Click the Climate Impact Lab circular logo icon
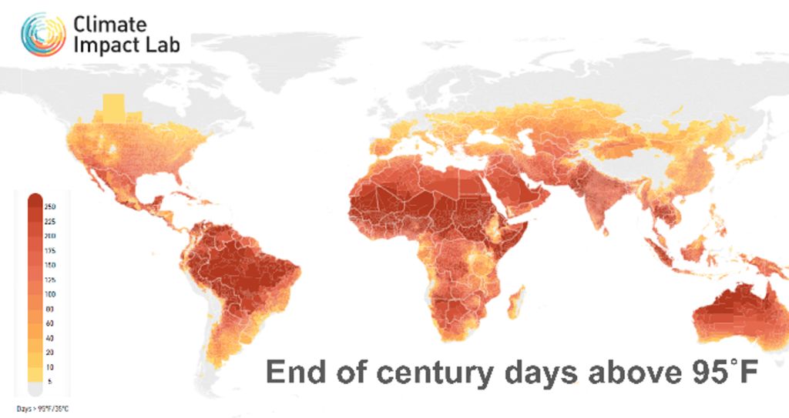[x=43, y=34]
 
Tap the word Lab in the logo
[x=164, y=44]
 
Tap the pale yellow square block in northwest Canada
[x=112, y=108]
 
